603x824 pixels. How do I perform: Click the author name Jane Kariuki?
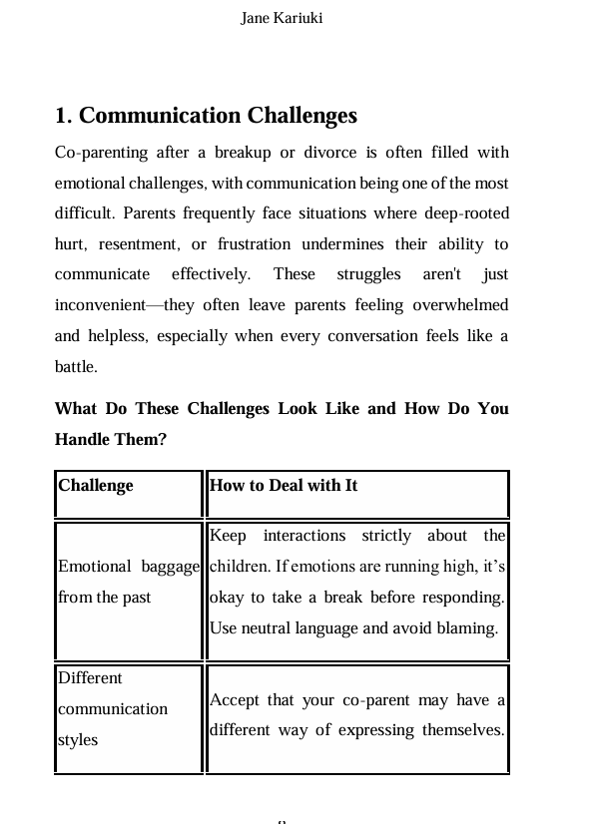tap(282, 18)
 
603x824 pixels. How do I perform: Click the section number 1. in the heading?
tap(64, 116)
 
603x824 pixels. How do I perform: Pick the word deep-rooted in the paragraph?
tap(466, 213)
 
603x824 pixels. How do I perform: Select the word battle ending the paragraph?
tap(75, 367)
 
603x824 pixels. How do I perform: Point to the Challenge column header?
tap(96, 486)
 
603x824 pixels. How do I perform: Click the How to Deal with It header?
tap(284, 486)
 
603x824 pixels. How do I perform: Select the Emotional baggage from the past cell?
tap(128, 582)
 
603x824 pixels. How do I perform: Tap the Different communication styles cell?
tap(113, 709)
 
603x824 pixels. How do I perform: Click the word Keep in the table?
tap(228, 536)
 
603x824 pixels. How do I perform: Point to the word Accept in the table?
tap(236, 700)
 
